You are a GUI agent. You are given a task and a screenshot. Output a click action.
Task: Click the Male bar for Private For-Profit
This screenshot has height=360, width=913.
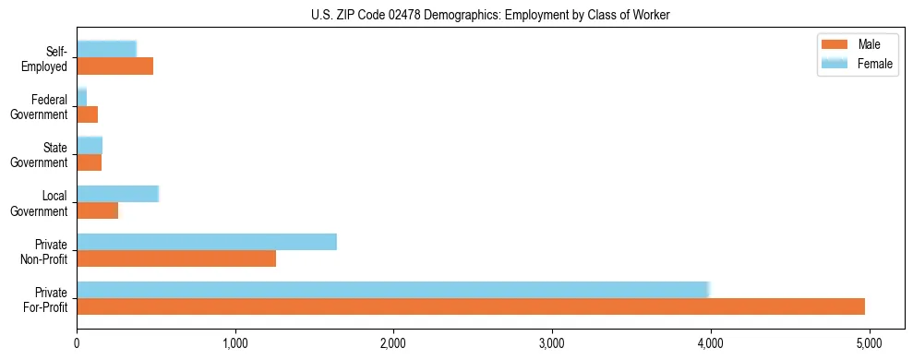click(x=471, y=306)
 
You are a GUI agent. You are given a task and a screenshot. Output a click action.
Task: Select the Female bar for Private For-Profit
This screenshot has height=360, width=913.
click(x=392, y=290)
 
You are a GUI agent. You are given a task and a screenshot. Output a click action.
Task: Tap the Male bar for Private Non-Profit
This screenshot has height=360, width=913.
click(x=176, y=258)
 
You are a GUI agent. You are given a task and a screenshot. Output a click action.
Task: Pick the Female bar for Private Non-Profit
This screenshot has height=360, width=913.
click(x=207, y=242)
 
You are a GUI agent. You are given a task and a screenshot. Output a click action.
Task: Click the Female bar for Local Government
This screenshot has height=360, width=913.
click(x=118, y=194)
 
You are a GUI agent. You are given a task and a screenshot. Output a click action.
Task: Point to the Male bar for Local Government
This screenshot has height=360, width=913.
click(x=98, y=210)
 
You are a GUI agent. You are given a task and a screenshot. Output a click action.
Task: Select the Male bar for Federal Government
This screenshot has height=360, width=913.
click(x=88, y=114)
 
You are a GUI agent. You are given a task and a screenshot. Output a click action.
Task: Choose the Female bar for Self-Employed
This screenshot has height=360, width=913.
click(x=106, y=50)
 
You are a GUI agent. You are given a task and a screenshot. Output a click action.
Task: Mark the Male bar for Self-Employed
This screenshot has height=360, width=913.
click(x=115, y=66)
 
